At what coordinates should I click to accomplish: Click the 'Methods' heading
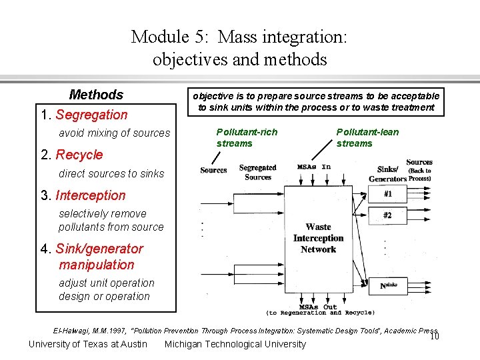coord(96,95)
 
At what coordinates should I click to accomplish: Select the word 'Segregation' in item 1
coord(91,115)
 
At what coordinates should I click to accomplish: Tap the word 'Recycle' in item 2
coord(79,155)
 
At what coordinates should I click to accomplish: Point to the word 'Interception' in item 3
coord(91,195)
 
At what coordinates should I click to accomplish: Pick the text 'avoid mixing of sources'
coord(114,133)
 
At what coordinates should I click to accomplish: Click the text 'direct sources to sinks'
coord(111,173)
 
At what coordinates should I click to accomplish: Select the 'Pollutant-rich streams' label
coord(247,137)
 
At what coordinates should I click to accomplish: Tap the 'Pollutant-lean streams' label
coord(367,137)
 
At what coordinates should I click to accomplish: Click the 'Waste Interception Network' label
coord(318,238)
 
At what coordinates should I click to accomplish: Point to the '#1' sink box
coord(387,194)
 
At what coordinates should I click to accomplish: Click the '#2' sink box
coord(387,215)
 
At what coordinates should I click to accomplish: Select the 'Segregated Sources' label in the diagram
coord(257,173)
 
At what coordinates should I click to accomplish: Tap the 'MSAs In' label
coord(314,167)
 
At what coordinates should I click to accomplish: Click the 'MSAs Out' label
coord(318,307)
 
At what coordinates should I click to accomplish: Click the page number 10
coord(434,336)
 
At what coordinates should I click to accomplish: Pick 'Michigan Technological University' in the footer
coord(235,344)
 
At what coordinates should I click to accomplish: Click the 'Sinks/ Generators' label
coord(387,174)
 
